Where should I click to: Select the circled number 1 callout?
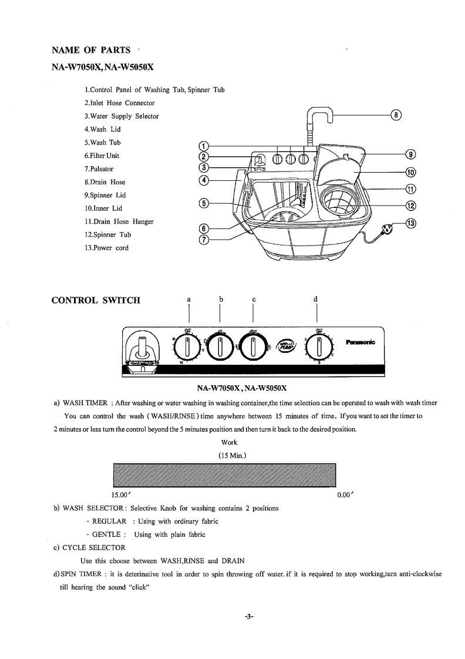click(203, 146)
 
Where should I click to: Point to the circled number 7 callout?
click(203, 240)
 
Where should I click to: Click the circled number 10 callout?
click(411, 172)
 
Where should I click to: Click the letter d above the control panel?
click(316, 299)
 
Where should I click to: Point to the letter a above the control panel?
click(188, 299)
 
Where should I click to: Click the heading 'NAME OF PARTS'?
click(91, 51)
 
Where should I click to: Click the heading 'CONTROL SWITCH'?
click(96, 301)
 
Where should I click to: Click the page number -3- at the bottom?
click(249, 617)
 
